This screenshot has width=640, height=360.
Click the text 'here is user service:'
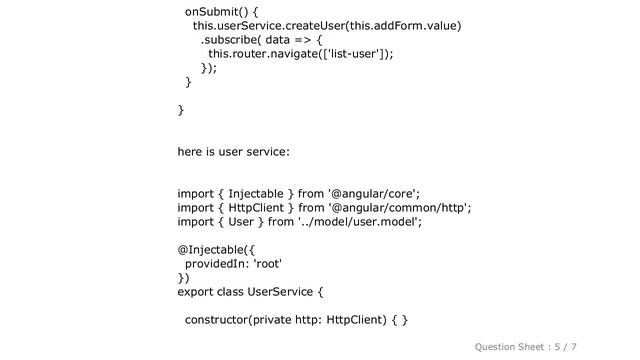pyautogui.click(x=234, y=152)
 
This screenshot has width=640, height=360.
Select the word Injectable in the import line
pyautogui.click(x=256, y=194)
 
